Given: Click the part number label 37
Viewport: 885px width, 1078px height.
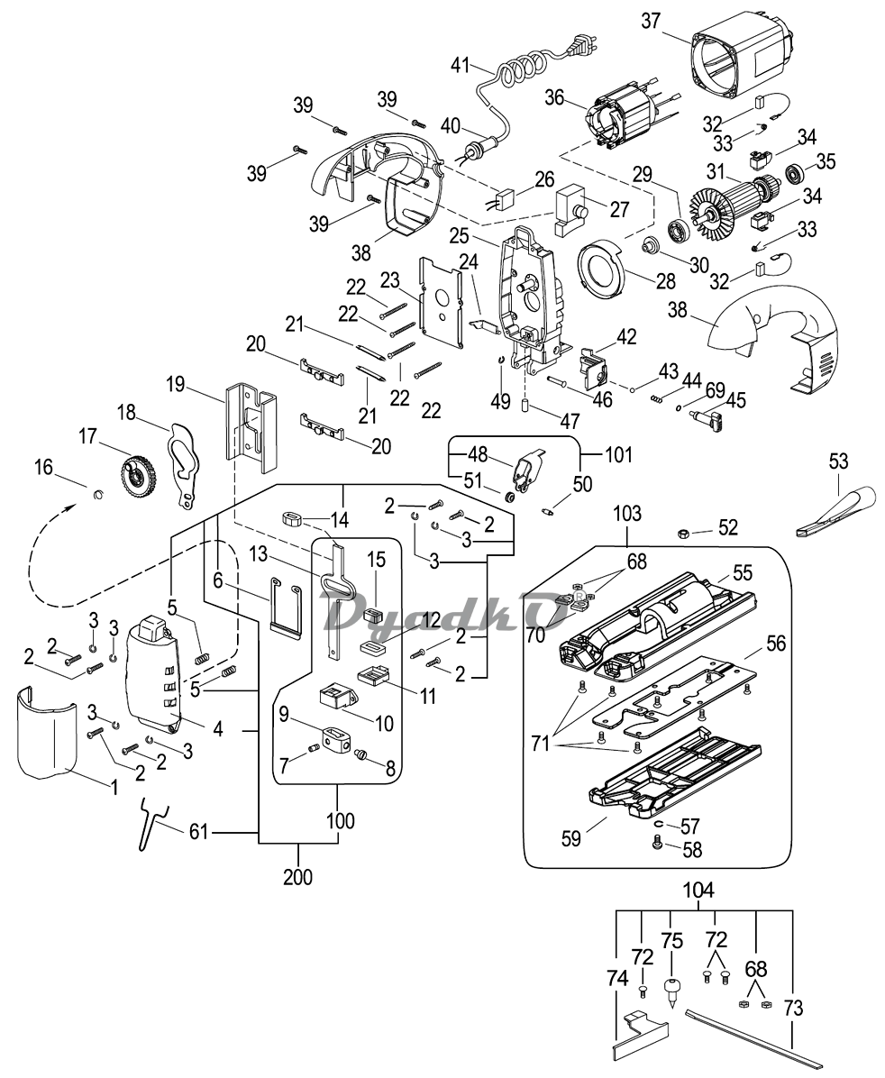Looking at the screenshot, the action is (651, 22).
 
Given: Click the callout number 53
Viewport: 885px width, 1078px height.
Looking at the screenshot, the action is (838, 461).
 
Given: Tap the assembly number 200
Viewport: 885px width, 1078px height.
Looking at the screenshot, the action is (297, 877).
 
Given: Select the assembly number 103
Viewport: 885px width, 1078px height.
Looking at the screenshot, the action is (627, 513).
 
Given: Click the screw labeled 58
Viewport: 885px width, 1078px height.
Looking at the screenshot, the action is (657, 841).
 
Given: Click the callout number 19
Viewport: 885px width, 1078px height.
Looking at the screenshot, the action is (176, 384).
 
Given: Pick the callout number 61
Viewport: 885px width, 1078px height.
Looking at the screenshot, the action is (198, 833).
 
